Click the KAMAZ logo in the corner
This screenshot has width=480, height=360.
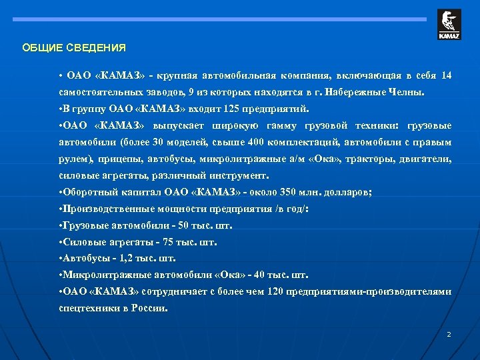[449, 25]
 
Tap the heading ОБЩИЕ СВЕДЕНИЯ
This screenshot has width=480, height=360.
[73, 48]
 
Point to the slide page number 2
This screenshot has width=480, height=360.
[449, 334]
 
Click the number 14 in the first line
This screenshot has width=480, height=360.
[446, 75]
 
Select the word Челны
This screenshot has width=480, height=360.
[416, 92]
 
